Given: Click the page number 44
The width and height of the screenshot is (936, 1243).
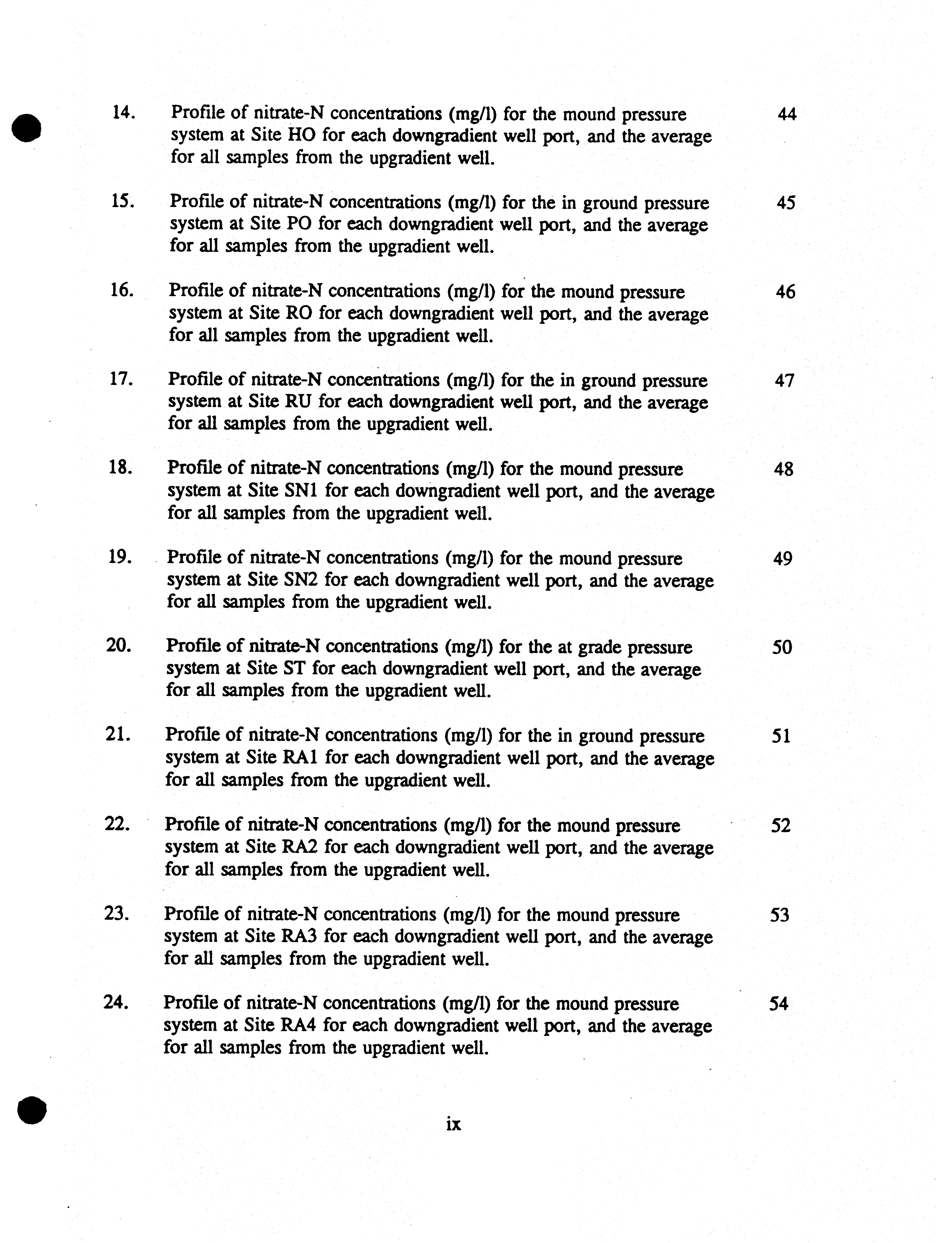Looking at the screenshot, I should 787,115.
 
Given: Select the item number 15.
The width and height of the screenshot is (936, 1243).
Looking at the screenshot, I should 122,201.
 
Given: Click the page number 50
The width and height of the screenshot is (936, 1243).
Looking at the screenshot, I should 782,648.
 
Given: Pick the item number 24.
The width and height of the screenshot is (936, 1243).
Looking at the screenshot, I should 116,1002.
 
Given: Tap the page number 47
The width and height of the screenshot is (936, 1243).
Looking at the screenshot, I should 784,381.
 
